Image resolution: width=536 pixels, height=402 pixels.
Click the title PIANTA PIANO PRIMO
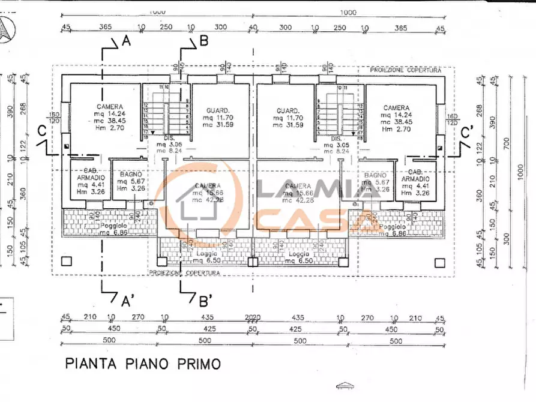[143, 363]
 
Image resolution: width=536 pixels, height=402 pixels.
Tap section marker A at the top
[126, 41]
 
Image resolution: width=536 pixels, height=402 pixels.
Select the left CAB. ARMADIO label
[88, 178]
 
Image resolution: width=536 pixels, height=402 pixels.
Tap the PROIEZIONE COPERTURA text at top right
[406, 70]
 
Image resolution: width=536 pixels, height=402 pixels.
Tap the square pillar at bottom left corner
[67, 261]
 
